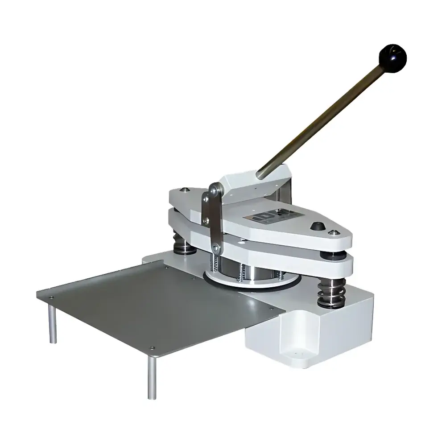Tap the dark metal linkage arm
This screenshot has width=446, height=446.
[x=209, y=219]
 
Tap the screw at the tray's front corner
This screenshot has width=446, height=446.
[x=153, y=347]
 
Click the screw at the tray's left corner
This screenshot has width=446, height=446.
[x=50, y=296]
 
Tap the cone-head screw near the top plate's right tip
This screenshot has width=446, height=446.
[x=332, y=232]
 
